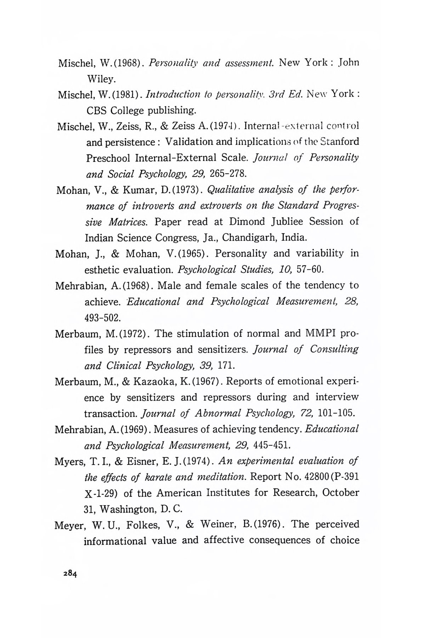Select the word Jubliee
pos(284,222)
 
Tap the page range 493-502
pos(103,318)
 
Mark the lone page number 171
pos(225,365)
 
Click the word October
pos(341,493)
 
